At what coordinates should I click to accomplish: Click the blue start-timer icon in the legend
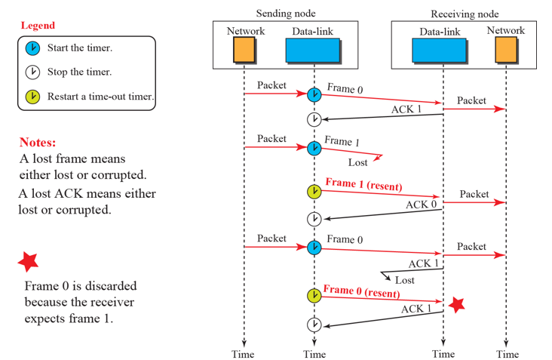click(x=32, y=48)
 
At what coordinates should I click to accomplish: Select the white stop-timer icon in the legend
click(x=32, y=72)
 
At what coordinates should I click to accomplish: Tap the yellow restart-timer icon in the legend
click(x=32, y=97)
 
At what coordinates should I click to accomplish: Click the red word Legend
click(x=38, y=25)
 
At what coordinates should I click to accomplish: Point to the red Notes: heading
click(x=38, y=142)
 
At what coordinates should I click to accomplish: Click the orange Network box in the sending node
click(x=244, y=50)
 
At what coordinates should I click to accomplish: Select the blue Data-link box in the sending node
click(x=311, y=50)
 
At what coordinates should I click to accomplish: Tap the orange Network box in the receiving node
click(x=505, y=49)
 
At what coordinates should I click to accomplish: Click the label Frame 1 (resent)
click(x=363, y=184)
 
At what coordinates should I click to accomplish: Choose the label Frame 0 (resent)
click(x=362, y=289)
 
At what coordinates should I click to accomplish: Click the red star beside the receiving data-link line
click(x=456, y=304)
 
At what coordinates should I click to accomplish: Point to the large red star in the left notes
click(x=28, y=262)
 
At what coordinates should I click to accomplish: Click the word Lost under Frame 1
click(x=358, y=162)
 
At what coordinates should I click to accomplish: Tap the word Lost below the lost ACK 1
click(x=405, y=280)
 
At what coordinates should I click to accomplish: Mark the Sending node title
click(x=286, y=13)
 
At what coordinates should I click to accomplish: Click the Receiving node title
click(x=465, y=14)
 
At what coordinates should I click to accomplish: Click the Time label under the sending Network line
click(x=243, y=354)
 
